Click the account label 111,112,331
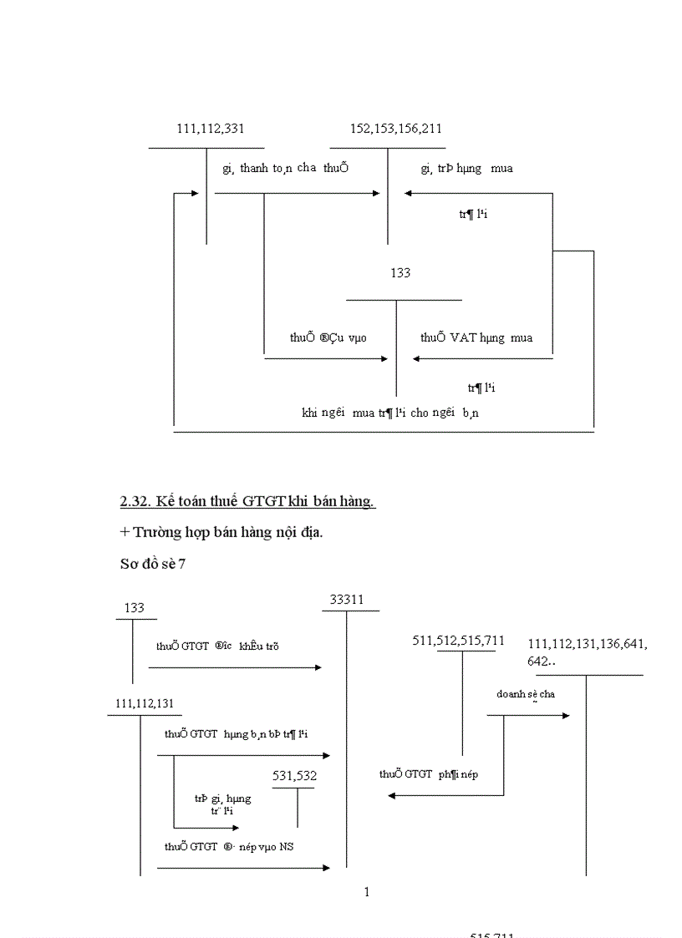tap(210, 129)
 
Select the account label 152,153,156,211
tap(397, 129)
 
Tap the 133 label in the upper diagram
tap(400, 273)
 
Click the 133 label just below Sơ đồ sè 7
tap(134, 608)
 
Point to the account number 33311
tap(346, 600)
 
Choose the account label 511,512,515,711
tap(459, 641)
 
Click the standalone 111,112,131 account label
tap(145, 703)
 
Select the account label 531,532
tap(294, 776)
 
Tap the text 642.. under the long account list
tap(542, 661)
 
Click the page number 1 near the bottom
tap(367, 892)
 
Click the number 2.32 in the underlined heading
tap(135, 502)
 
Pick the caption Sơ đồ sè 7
tap(153, 564)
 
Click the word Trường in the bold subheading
tap(155, 532)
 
